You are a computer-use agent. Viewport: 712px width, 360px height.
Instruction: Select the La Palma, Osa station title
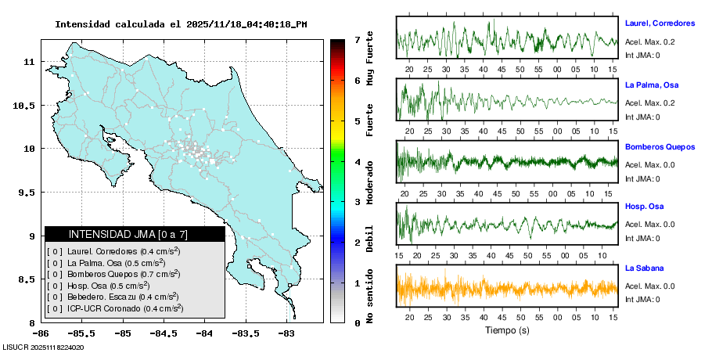pos(653,84)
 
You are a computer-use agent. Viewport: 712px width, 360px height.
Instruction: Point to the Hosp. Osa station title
pos(644,206)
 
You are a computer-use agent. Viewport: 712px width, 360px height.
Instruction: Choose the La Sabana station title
pos(643,268)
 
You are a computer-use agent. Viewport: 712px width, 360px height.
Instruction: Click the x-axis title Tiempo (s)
pos(507,330)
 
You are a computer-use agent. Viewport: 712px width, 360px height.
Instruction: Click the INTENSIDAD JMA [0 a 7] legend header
pos(134,234)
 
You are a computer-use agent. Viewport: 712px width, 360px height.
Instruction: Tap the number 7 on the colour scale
pos(357,39)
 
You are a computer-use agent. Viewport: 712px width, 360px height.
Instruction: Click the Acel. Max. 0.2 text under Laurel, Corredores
pos(649,42)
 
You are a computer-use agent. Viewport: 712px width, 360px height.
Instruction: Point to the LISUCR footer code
pos(44,347)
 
